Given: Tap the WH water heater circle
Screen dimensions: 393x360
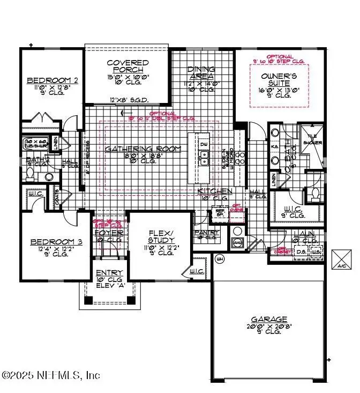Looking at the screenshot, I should pyautogui.click(x=219, y=259).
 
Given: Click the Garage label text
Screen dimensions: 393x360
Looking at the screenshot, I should pyautogui.click(x=271, y=318).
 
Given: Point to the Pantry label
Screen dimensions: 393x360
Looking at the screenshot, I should pyautogui.click(x=207, y=232).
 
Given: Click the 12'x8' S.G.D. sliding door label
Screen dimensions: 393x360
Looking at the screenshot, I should pyautogui.click(x=129, y=100).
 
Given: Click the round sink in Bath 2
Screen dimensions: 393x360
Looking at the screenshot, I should pyautogui.click(x=48, y=176).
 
